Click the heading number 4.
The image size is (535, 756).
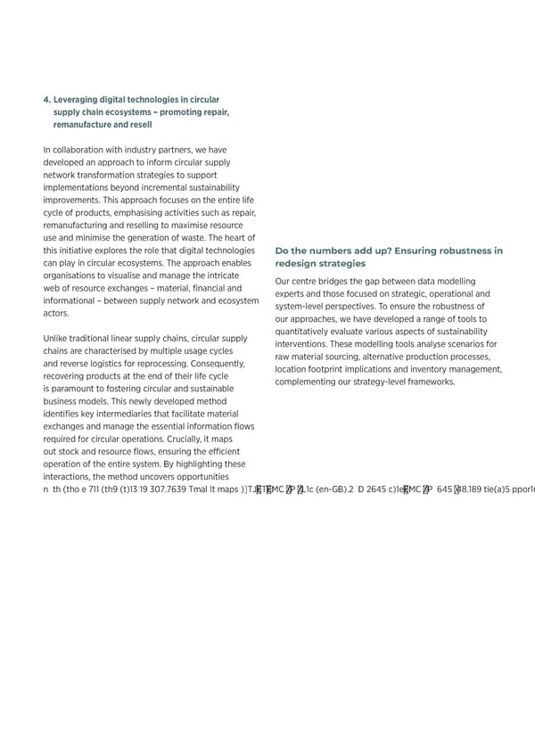[46, 100]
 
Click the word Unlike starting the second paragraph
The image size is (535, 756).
[55, 339]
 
